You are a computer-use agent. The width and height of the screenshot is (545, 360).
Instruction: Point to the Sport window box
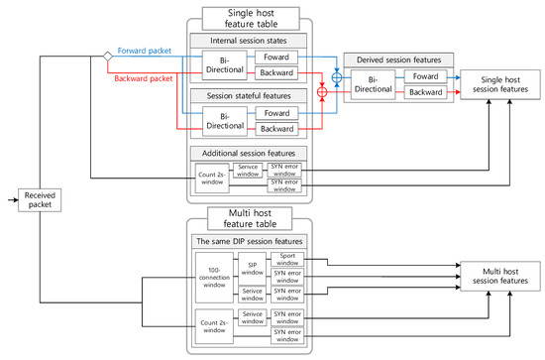[287, 257]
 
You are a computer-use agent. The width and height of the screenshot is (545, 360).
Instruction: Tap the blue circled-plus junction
[336, 74]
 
